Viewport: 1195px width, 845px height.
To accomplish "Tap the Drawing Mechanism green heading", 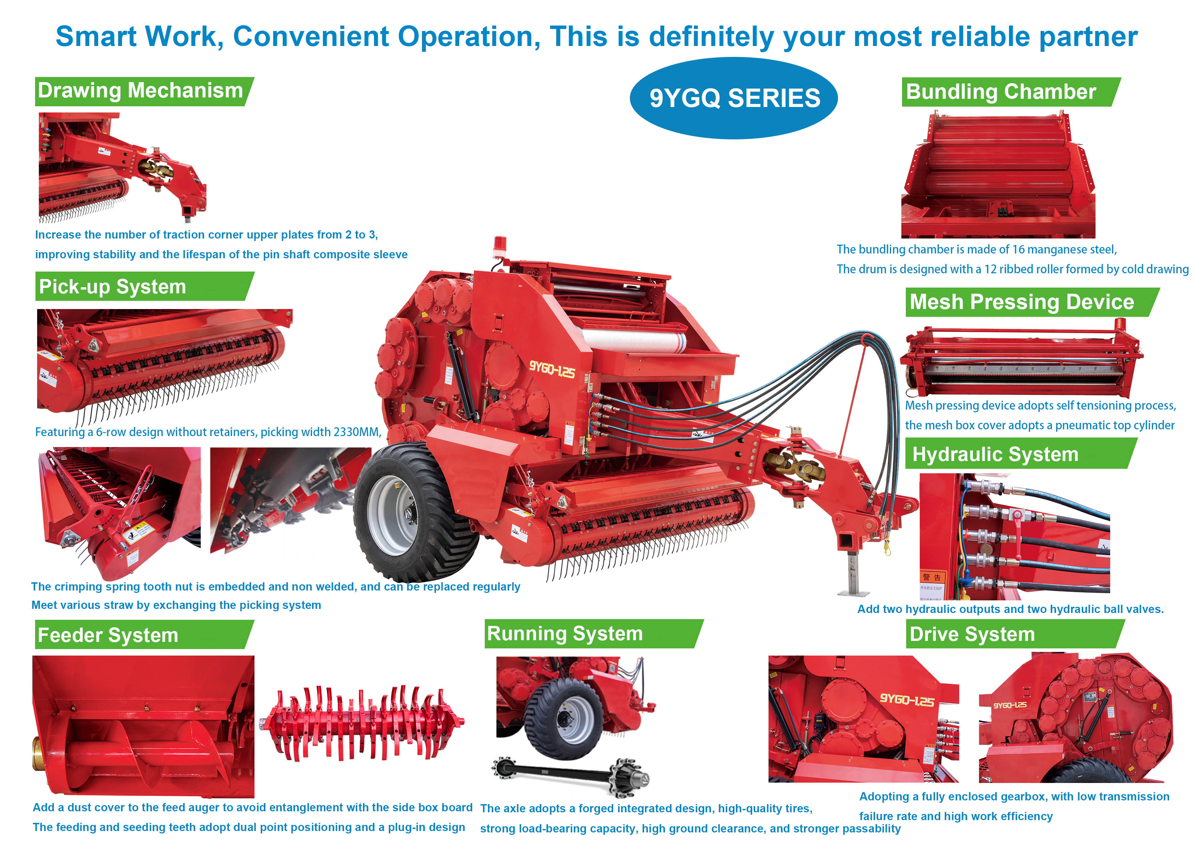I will point(141,91).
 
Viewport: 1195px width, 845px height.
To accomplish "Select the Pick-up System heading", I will point(112,286).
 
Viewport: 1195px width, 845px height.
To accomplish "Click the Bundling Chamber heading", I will point(1000,92).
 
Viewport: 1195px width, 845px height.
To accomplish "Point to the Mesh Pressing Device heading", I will point(1021,302).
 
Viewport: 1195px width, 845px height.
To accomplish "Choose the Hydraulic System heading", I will point(995,454).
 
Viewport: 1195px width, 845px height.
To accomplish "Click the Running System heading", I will point(565,634).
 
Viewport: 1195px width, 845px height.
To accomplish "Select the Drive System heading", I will point(972,634).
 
